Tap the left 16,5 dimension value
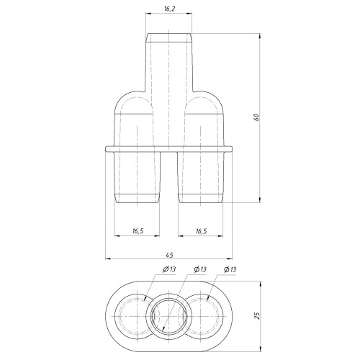tap(138, 230)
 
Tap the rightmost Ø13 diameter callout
tap(231, 269)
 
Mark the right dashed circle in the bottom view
tap(206, 315)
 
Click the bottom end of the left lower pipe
tap(138, 199)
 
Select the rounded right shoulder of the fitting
tap(217, 101)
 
